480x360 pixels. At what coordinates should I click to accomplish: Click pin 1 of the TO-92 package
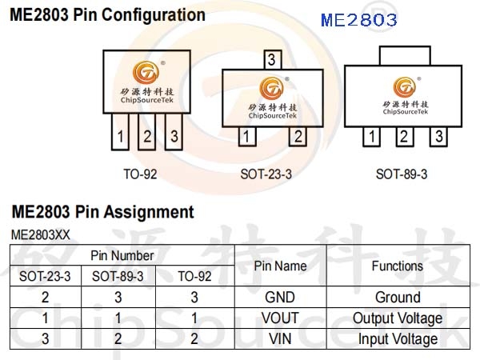(x=120, y=132)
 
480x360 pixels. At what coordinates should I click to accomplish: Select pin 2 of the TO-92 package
(x=146, y=132)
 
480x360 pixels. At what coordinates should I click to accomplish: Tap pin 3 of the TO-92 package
(x=174, y=132)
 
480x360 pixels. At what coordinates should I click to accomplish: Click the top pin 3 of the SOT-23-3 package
(x=273, y=60)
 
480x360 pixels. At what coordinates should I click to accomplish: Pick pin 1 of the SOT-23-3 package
(x=247, y=136)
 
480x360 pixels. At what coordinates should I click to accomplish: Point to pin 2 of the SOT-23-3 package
(x=298, y=136)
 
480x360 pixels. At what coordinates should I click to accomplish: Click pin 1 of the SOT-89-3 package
(x=372, y=137)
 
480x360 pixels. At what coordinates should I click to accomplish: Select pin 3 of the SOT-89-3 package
(x=438, y=137)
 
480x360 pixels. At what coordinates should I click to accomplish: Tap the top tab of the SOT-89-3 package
(x=405, y=56)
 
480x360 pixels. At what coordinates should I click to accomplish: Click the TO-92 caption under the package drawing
(x=140, y=174)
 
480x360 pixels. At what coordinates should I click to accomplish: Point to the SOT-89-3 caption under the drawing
(x=402, y=174)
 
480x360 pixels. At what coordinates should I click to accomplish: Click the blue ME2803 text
(x=358, y=20)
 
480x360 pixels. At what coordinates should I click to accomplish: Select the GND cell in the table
(x=280, y=298)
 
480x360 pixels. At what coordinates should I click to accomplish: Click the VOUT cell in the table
(x=280, y=318)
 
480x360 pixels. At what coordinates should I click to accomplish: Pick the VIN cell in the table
(x=280, y=339)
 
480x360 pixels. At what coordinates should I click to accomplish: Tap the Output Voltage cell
(x=398, y=318)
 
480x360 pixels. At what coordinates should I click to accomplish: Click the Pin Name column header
(x=280, y=266)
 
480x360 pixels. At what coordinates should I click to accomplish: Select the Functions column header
(x=398, y=266)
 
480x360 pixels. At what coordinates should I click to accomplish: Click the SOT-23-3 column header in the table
(x=46, y=276)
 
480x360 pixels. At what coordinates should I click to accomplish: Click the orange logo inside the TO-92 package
(x=146, y=72)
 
